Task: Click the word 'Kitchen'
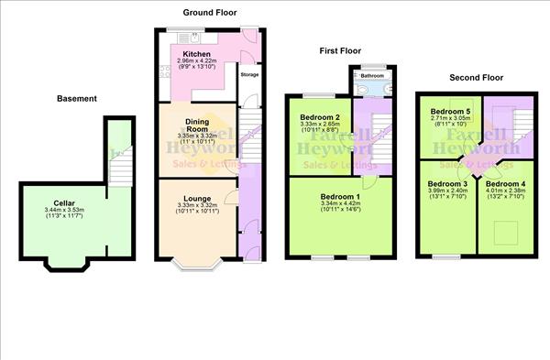pos(197,54)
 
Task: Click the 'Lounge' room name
pos(197,198)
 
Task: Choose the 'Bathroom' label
pos(371,76)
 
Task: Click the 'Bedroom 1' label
pos(340,197)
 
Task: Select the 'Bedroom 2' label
pos(320,117)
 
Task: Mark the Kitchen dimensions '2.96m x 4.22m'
pos(197,61)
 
